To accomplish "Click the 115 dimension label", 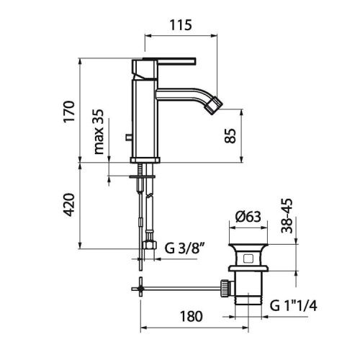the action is coord(181,25).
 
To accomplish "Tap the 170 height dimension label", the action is coord(69,112).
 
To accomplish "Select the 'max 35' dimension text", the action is coord(99,132).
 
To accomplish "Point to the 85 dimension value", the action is coord(230,136).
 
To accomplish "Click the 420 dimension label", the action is coord(69,204).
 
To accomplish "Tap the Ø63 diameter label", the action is coord(248,217).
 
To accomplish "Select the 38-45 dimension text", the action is coord(287,216).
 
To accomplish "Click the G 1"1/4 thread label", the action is coord(293,306).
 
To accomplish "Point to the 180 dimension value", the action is coord(192,316).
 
